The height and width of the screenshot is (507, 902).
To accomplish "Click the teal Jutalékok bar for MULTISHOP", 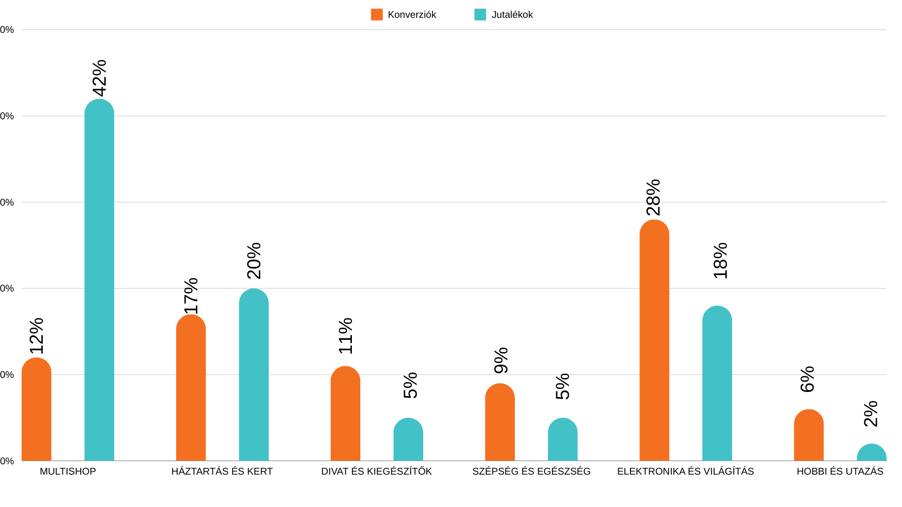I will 99,282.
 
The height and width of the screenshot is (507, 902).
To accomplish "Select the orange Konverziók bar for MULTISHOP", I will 36,411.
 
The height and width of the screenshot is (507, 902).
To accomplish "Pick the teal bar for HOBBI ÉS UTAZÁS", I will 871,453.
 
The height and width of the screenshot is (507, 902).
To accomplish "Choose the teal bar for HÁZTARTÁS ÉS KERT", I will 254,376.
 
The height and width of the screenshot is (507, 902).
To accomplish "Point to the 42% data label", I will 100,78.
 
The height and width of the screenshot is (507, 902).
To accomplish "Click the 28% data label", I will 653,197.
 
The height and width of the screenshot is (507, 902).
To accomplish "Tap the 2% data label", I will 871,414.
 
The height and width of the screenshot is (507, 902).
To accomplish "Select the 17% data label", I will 191,296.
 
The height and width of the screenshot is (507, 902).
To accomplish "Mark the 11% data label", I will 346,336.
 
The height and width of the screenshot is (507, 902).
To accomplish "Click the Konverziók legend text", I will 412,15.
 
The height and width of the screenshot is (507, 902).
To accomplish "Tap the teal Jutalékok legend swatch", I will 480,15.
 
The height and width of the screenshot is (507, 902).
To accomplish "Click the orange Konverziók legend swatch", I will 377,15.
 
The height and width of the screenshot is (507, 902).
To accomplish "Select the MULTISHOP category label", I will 68,471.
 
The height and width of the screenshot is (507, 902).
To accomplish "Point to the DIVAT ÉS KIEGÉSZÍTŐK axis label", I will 376,471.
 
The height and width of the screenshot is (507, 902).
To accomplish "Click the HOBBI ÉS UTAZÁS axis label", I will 840,471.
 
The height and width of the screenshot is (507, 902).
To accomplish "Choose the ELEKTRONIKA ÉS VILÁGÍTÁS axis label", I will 685,471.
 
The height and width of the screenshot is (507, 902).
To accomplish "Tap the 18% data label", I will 720,261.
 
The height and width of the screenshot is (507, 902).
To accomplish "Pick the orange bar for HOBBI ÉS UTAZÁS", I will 809,437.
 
